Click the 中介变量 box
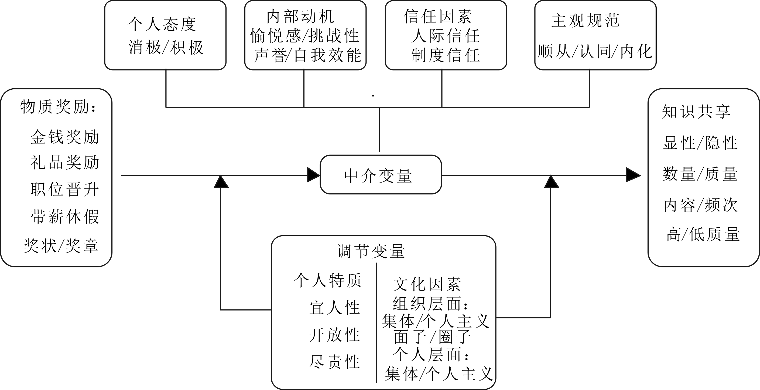click(x=381, y=175)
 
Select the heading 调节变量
click(x=371, y=251)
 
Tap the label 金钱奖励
click(x=65, y=137)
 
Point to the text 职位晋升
click(x=65, y=189)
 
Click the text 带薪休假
click(x=65, y=217)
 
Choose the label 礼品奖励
click(x=65, y=163)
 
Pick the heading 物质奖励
click(x=58, y=107)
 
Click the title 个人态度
click(x=162, y=24)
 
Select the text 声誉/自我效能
click(x=307, y=55)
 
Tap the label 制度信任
click(x=446, y=55)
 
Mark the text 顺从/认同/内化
click(x=595, y=52)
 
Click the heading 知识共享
click(x=696, y=112)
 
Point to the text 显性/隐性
click(x=700, y=143)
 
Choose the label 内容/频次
click(x=700, y=205)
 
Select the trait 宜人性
click(x=335, y=308)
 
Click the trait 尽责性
click(x=335, y=362)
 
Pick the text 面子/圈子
click(x=432, y=337)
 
